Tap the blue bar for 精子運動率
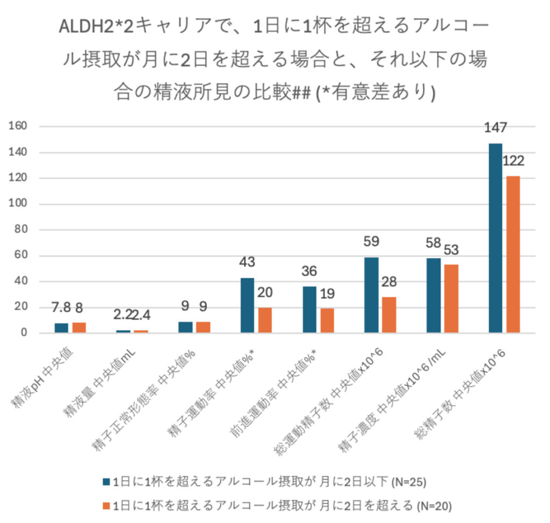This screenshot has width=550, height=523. pyautogui.click(x=247, y=305)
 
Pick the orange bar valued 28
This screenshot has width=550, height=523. pyautogui.click(x=389, y=315)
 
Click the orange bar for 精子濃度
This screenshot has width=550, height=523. pyautogui.click(x=451, y=299)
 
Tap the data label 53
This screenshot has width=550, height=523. pyautogui.click(x=451, y=251)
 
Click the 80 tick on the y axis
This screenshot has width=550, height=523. pyautogui.click(x=21, y=230)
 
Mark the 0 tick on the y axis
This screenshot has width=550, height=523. pyautogui.click(x=24, y=333)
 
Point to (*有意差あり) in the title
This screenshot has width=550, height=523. pyautogui.click(x=375, y=92)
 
